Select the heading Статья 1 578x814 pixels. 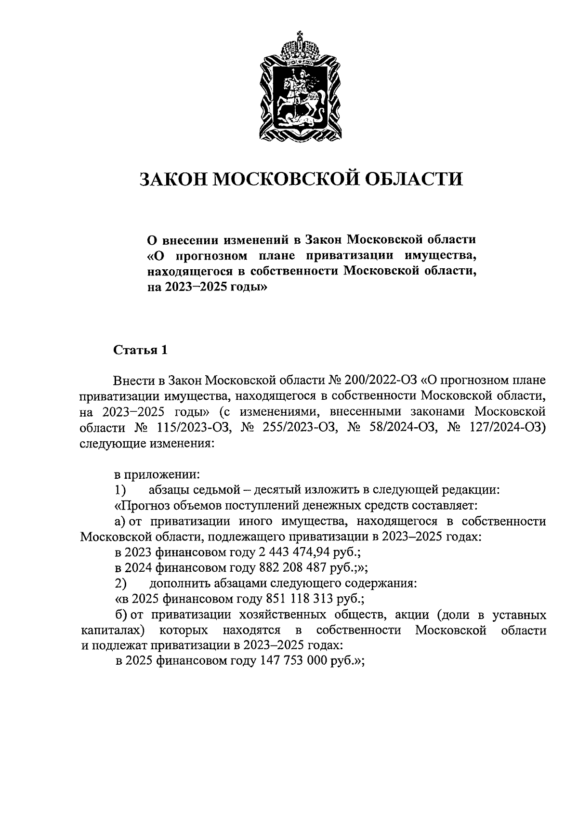coord(140,350)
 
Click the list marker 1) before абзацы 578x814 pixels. coord(120,490)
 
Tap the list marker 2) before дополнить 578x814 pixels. coord(120,583)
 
